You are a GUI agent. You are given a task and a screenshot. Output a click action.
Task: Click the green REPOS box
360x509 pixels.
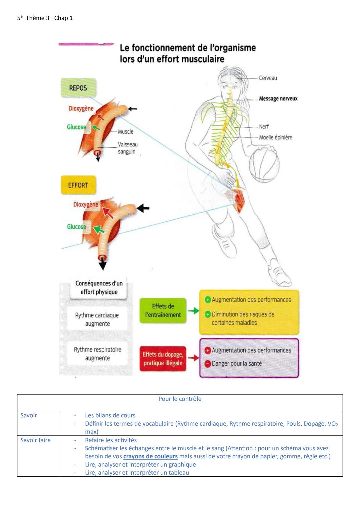[x=78, y=88]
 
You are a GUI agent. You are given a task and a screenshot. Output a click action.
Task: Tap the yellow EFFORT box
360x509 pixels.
[x=78, y=185]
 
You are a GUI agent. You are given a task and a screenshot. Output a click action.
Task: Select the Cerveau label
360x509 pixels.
[x=268, y=78]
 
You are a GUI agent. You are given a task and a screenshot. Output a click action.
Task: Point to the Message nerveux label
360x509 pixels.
[x=278, y=99]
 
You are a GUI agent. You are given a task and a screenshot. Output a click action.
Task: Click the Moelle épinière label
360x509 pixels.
[x=275, y=137]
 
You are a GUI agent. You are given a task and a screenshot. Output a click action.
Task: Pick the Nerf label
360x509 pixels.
[x=264, y=127]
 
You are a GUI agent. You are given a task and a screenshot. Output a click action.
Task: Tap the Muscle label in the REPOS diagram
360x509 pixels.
[x=125, y=132]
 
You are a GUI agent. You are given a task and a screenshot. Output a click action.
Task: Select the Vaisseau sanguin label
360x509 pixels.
[x=127, y=148]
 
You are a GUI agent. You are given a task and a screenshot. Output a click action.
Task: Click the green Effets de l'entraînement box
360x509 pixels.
[x=163, y=311]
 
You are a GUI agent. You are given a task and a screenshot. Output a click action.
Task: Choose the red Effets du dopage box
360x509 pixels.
[x=163, y=359]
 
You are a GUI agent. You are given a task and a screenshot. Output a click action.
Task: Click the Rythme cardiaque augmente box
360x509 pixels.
[x=97, y=319]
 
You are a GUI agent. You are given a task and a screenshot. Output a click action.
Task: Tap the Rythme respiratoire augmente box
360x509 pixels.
[x=97, y=354]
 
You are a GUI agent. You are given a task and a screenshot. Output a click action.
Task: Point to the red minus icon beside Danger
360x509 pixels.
[x=207, y=364]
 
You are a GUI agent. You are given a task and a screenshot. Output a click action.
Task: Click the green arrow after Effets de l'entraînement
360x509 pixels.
[x=193, y=311]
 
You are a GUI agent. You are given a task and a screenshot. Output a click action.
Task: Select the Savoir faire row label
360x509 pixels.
[x=36, y=440]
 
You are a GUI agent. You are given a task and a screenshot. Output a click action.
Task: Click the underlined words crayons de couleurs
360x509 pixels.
[x=150, y=456]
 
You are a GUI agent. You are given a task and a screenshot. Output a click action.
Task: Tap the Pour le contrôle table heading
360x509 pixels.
[x=180, y=399]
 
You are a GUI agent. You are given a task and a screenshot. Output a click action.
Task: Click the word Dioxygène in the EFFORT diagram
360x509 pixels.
[x=86, y=204]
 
